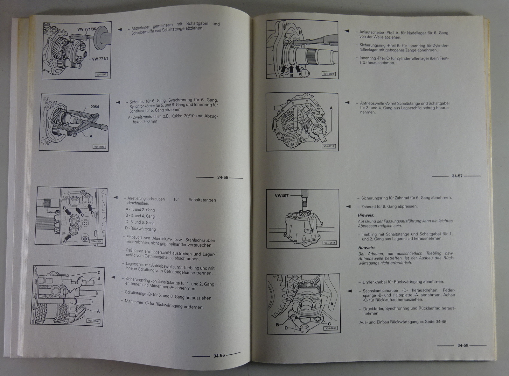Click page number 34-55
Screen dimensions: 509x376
point(222,177)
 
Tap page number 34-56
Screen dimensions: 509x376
point(219,356)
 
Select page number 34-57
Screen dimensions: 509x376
point(457,176)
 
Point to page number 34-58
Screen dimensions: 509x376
point(463,345)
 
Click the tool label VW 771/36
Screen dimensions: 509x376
point(87,29)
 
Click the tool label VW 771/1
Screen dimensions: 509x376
point(100,59)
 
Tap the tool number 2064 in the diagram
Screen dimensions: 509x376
point(94,107)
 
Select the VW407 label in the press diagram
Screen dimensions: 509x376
point(282,196)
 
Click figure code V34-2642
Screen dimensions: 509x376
point(101,75)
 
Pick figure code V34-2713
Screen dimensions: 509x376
point(329,146)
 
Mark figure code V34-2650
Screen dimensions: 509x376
point(331,328)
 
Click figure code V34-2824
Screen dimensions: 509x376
point(96,241)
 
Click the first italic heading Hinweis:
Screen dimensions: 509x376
point(366,215)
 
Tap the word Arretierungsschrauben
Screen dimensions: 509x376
point(146,199)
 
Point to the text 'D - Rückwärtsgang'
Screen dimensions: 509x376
point(140,228)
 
